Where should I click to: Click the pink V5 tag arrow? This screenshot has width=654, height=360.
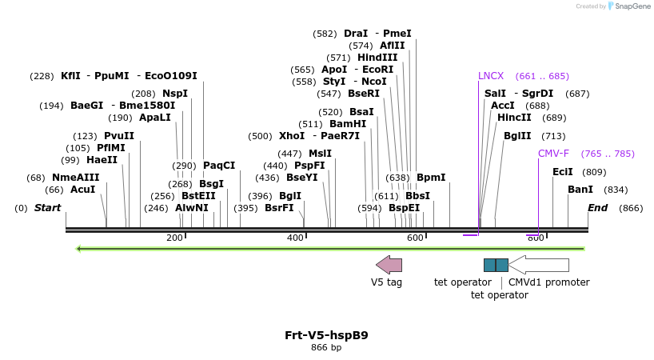pos(389,265)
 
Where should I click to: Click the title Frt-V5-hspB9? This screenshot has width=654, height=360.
pos(326,335)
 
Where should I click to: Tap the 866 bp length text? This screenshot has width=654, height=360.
pos(326,348)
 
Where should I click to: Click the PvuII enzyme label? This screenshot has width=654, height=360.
pos(119,136)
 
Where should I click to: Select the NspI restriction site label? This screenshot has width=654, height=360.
pos(175,94)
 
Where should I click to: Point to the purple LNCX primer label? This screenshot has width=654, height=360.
pos(491,76)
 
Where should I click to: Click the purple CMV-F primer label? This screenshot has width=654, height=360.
pos(553,154)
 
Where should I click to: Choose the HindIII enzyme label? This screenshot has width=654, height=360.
pos(377,58)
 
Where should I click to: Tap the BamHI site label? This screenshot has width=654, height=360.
pos(348,124)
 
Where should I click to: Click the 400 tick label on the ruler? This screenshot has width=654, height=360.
pos(295,238)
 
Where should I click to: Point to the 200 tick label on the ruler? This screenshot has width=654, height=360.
pos(174,238)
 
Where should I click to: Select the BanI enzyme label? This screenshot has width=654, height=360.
pos(580,190)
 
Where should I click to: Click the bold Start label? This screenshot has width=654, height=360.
pos(47,208)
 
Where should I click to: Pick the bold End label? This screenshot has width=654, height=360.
pos(597,208)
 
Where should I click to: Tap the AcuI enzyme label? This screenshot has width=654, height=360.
pos(82,190)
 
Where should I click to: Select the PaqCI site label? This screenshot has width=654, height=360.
pos(219,166)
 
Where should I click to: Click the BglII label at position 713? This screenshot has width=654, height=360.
pos(518,136)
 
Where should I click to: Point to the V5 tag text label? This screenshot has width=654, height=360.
pos(386,282)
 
